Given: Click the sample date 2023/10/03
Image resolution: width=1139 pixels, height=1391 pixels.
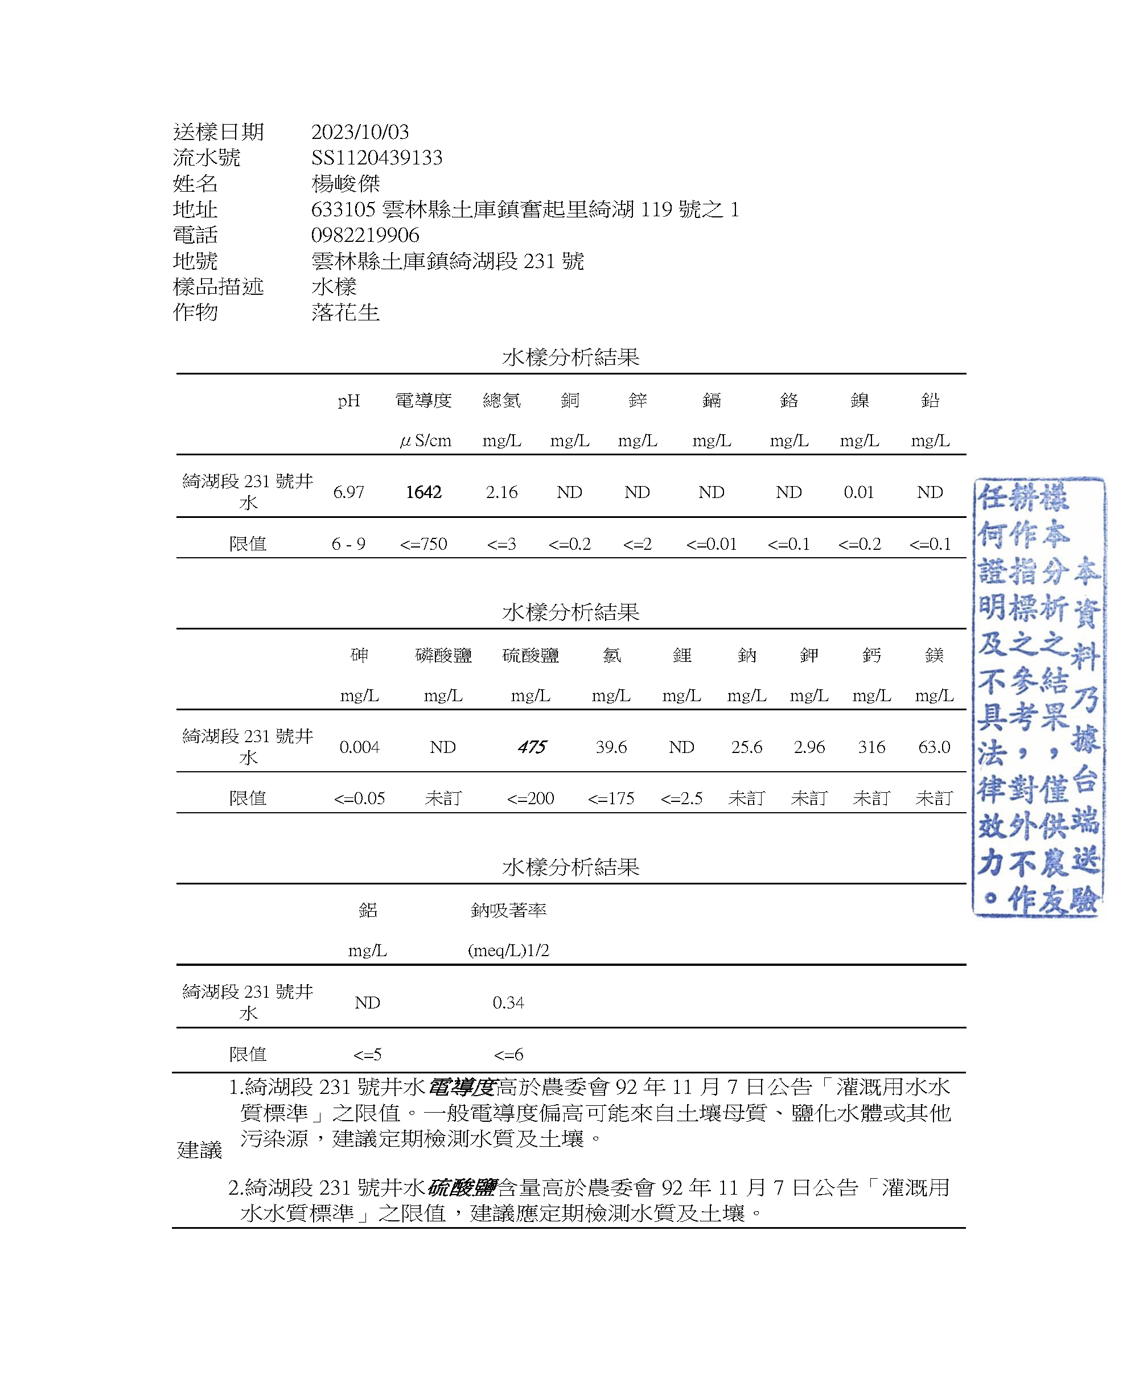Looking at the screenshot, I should click(x=360, y=132).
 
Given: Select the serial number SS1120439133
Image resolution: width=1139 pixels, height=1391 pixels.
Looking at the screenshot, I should click(x=377, y=158).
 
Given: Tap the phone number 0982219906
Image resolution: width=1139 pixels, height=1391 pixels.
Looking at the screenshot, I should click(x=365, y=235).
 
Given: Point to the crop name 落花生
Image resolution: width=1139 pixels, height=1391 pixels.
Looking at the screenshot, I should click(x=345, y=312).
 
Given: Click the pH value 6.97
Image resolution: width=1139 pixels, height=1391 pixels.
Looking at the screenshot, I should click(x=348, y=492).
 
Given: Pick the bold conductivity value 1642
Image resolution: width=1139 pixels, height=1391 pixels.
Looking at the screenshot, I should click(x=423, y=492).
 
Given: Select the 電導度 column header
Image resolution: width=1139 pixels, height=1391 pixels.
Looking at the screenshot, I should click(x=423, y=400).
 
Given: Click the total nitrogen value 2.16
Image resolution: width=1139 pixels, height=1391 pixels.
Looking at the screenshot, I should click(x=501, y=492).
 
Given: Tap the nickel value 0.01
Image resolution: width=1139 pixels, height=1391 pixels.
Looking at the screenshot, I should click(x=859, y=492).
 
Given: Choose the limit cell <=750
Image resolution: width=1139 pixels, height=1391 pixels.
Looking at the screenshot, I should click(x=423, y=544).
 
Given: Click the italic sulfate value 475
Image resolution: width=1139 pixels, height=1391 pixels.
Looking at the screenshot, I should click(x=531, y=747).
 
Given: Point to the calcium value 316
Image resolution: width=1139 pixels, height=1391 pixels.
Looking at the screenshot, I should click(x=871, y=747).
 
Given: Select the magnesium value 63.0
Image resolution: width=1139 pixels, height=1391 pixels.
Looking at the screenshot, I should click(x=934, y=747).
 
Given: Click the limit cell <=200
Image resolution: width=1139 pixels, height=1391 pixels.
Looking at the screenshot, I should click(x=530, y=799).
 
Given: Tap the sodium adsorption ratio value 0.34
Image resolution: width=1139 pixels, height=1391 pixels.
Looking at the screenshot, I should click(x=508, y=1003).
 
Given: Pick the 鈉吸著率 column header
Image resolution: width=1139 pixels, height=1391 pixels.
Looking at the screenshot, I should click(x=508, y=910).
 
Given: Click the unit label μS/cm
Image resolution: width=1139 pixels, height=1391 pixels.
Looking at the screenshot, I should click(x=425, y=441).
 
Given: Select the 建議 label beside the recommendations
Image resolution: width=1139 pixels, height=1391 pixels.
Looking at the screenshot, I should click(x=199, y=1150).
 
